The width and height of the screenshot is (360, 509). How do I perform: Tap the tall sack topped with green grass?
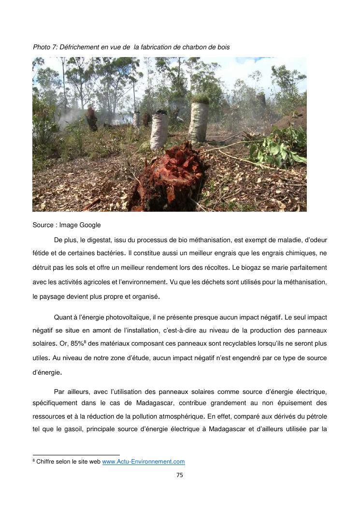tap(198, 121)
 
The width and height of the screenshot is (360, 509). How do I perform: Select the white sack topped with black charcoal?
tap(159, 131)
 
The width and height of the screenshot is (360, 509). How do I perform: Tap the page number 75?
tap(180, 475)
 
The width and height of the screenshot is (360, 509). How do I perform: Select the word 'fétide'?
tap(41, 253)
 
